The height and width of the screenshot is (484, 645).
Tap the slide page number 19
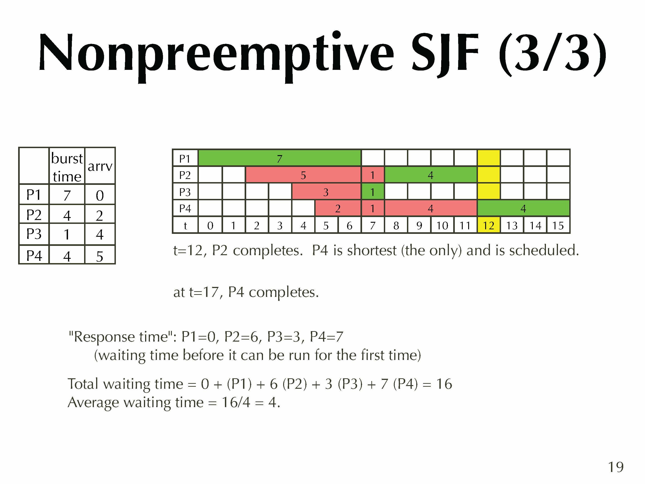[x=616, y=467]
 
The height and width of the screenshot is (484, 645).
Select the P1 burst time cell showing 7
[x=67, y=195]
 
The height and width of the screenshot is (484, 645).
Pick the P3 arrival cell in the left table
[x=100, y=234]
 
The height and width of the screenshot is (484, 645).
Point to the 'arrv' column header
[x=100, y=166]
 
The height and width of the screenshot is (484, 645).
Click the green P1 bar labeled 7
[x=279, y=158]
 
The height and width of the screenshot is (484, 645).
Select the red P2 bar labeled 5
[x=303, y=175]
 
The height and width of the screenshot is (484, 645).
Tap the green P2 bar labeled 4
[x=431, y=175]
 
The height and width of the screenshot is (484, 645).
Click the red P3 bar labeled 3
[x=326, y=192]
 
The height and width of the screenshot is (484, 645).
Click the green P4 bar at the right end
[x=523, y=208]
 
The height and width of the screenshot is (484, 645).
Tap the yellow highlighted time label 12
[x=489, y=225]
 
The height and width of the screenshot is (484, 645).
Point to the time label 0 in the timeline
[x=210, y=225]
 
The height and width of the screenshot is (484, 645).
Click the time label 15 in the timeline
[x=558, y=225]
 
